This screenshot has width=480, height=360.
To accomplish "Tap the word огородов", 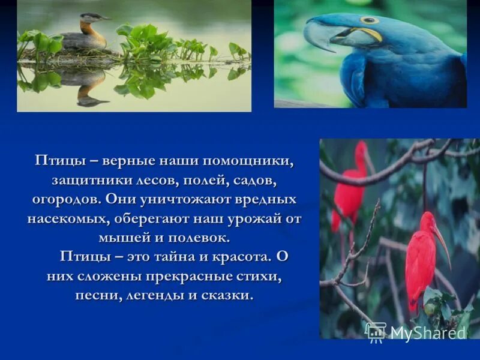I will click(x=65, y=199).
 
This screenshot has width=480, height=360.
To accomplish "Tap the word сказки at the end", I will click(x=230, y=295).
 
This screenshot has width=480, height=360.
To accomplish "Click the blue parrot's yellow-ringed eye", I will click(x=368, y=20).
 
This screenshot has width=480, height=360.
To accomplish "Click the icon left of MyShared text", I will click(x=376, y=332).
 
